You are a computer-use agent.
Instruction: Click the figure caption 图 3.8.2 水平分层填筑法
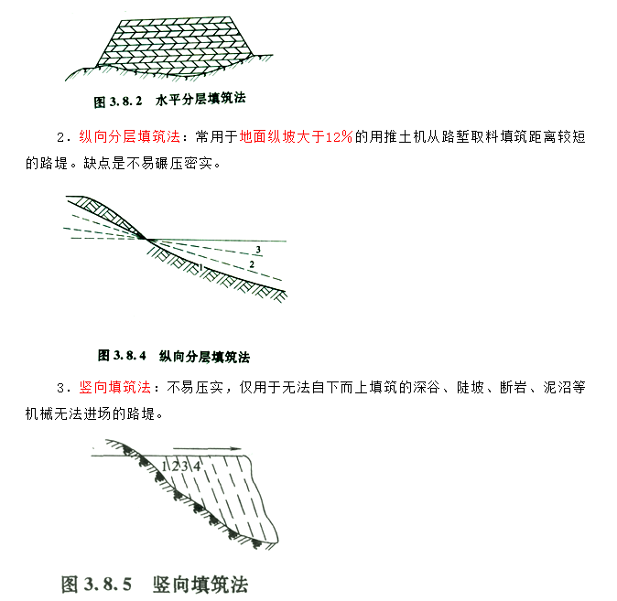click(x=169, y=100)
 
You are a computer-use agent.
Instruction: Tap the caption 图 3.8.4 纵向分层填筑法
click(x=174, y=356)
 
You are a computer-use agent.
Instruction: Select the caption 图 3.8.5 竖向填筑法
click(x=155, y=584)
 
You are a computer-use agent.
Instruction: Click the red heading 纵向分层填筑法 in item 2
click(x=129, y=137)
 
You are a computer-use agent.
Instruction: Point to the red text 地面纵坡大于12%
click(x=296, y=137)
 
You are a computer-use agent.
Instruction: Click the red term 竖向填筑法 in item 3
click(x=115, y=388)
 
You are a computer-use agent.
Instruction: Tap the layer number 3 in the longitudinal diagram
click(x=258, y=250)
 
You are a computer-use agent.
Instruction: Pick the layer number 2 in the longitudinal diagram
click(x=252, y=264)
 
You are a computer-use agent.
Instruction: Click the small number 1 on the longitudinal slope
click(x=201, y=267)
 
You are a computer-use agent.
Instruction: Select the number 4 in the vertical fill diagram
click(x=197, y=467)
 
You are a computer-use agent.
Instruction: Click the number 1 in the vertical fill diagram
click(x=164, y=467)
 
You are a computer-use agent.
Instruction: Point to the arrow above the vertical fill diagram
click(x=207, y=448)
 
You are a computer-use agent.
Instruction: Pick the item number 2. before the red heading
click(x=64, y=137)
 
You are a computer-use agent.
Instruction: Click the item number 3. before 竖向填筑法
click(x=64, y=388)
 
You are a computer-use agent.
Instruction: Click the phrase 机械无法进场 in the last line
click(x=69, y=413)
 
